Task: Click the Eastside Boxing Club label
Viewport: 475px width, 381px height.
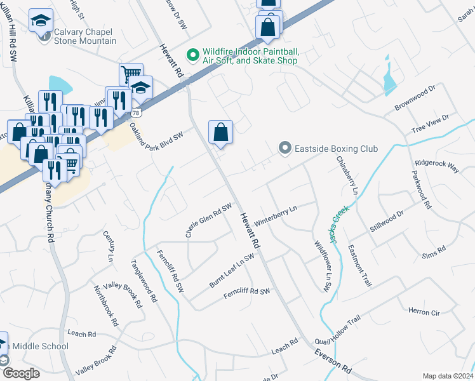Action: coord(336,149)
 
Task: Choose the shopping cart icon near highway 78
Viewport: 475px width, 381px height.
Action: coord(130,75)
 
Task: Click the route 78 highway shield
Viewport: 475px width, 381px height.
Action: coord(136,112)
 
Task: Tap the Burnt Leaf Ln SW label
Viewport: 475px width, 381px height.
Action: coord(231,271)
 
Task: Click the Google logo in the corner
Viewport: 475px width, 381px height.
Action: coord(20,373)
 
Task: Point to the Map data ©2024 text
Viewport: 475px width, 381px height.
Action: coord(448,376)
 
